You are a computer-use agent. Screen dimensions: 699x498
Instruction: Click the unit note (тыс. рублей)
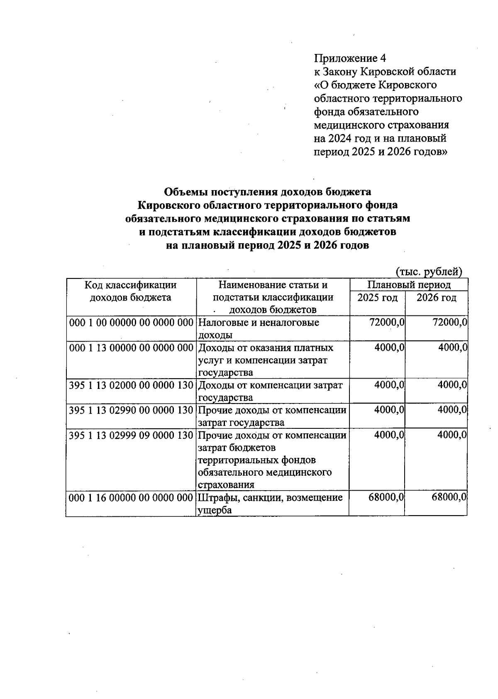(x=429, y=271)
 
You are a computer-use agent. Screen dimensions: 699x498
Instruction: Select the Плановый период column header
(x=409, y=285)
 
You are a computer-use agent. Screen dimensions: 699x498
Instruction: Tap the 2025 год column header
(x=377, y=298)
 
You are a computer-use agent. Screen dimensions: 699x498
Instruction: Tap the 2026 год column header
(x=436, y=298)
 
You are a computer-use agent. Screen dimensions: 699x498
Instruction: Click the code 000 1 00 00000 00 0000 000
(x=131, y=323)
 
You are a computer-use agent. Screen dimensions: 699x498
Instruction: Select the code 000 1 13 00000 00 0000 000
(x=131, y=347)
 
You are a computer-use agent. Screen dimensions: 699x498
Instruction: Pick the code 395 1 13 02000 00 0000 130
(x=131, y=385)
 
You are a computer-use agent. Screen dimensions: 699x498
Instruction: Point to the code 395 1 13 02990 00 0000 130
(x=131, y=410)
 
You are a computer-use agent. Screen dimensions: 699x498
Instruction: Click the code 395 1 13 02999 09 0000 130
(x=131, y=435)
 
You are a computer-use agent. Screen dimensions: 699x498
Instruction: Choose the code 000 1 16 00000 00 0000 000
(x=131, y=497)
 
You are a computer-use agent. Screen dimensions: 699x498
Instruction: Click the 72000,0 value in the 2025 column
(x=387, y=323)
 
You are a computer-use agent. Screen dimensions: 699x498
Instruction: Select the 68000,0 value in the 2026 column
(x=449, y=497)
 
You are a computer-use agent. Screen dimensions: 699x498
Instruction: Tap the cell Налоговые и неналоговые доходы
(x=259, y=328)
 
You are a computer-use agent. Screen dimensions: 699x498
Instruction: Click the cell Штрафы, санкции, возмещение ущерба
(x=270, y=503)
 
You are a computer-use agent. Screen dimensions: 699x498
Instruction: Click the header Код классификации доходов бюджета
(x=131, y=291)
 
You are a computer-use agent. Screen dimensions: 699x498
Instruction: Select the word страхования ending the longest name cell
(x=226, y=485)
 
